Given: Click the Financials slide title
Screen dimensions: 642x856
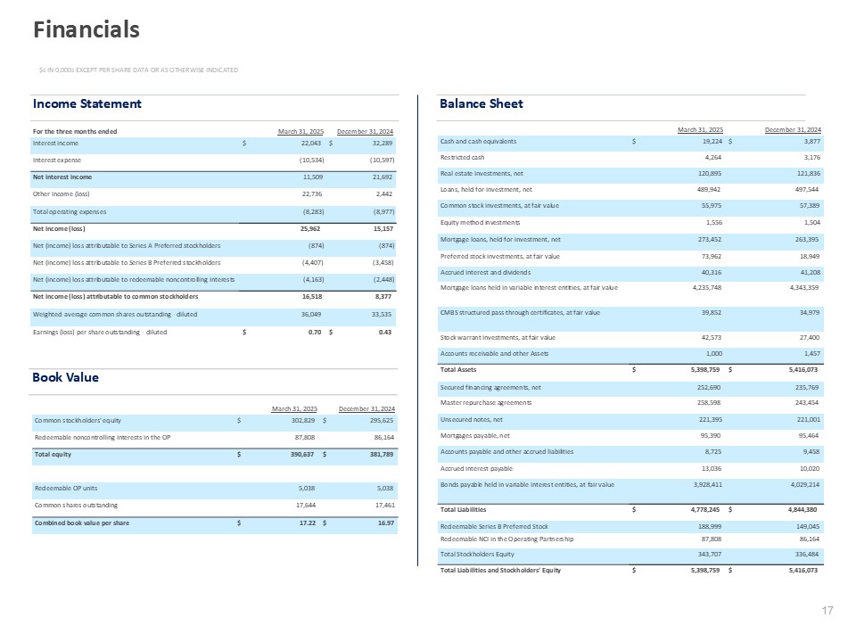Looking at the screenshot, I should tap(86, 30).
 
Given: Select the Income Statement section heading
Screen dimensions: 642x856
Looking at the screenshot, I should tap(86, 104).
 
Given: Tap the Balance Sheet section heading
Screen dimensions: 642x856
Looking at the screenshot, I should tap(481, 104).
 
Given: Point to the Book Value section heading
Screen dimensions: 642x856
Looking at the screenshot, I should tap(66, 377).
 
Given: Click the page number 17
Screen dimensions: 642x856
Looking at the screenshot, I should tap(827, 611).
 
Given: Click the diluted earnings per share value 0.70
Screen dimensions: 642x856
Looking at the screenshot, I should tap(313, 332).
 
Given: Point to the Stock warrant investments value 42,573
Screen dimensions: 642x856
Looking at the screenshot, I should tap(711, 337).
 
